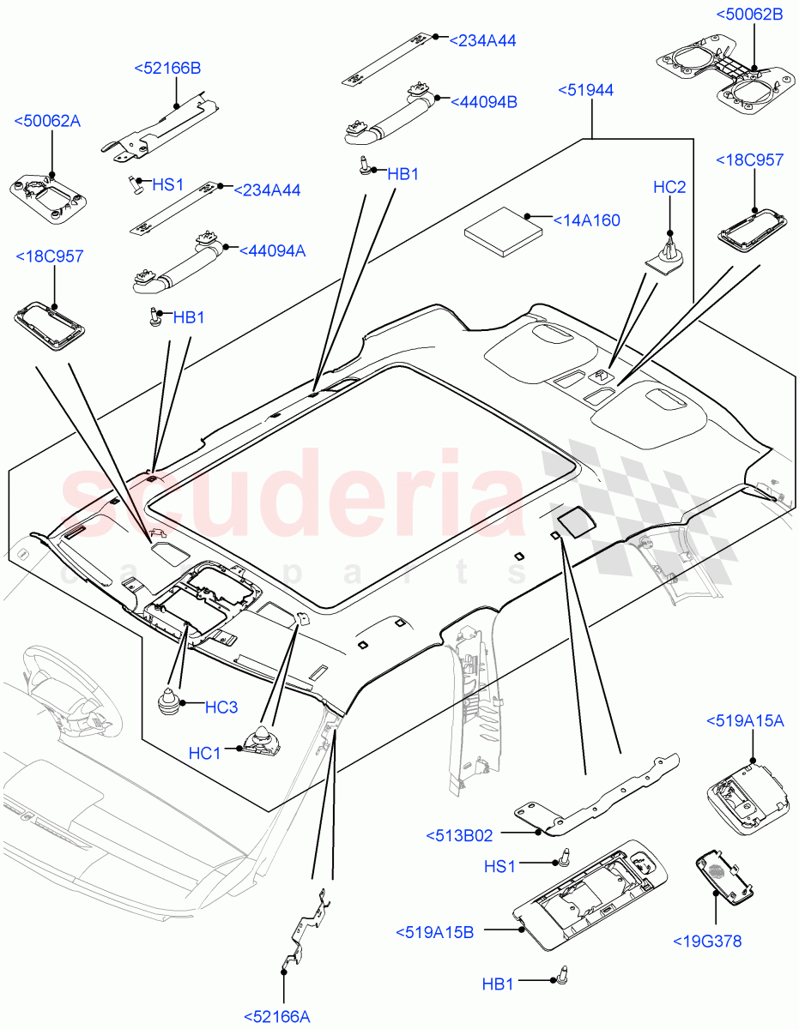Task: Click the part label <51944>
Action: click(585, 90)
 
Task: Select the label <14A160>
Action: click(587, 220)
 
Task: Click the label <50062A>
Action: click(47, 121)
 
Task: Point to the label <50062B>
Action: click(749, 15)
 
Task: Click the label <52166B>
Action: click(167, 68)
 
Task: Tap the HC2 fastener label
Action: click(669, 188)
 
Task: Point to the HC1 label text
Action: click(205, 753)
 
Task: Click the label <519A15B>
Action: click(434, 932)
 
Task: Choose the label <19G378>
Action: click(707, 942)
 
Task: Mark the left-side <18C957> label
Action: click(49, 256)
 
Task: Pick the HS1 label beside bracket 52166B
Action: click(168, 184)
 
